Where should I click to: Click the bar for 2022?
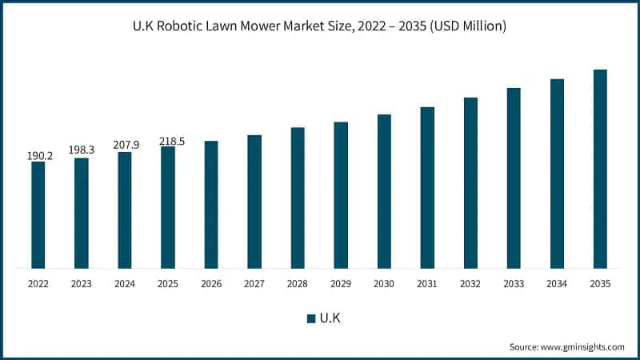38,214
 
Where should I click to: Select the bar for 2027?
254,201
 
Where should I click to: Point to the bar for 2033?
514,178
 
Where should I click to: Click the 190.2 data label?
38,155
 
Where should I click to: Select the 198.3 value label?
82,150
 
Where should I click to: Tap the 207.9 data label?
125,145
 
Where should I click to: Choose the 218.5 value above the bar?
168,141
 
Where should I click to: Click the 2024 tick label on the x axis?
125,282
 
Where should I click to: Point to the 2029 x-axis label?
341,282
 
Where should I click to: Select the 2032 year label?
470,282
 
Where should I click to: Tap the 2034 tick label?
557,282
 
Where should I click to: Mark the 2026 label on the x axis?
211,282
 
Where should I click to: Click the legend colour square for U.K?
311,318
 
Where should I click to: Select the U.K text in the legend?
330,318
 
